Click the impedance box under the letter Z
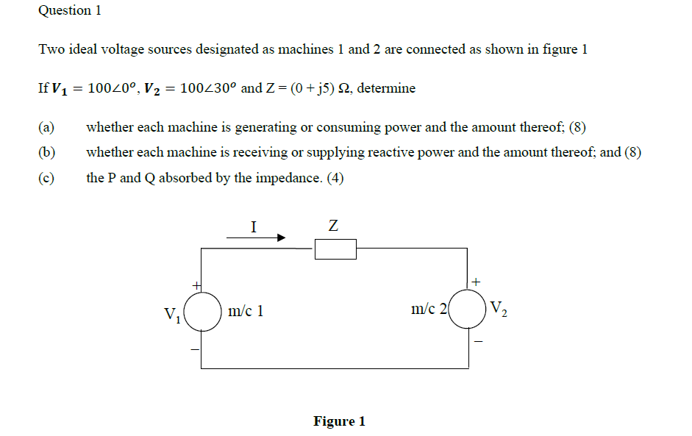click(x=335, y=250)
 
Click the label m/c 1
click(x=246, y=311)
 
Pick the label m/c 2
click(x=429, y=310)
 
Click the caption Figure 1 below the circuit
click(x=339, y=421)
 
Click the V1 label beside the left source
click(x=172, y=315)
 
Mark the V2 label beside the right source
click(x=498, y=308)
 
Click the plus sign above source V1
click(x=196, y=284)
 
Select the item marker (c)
click(x=46, y=179)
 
